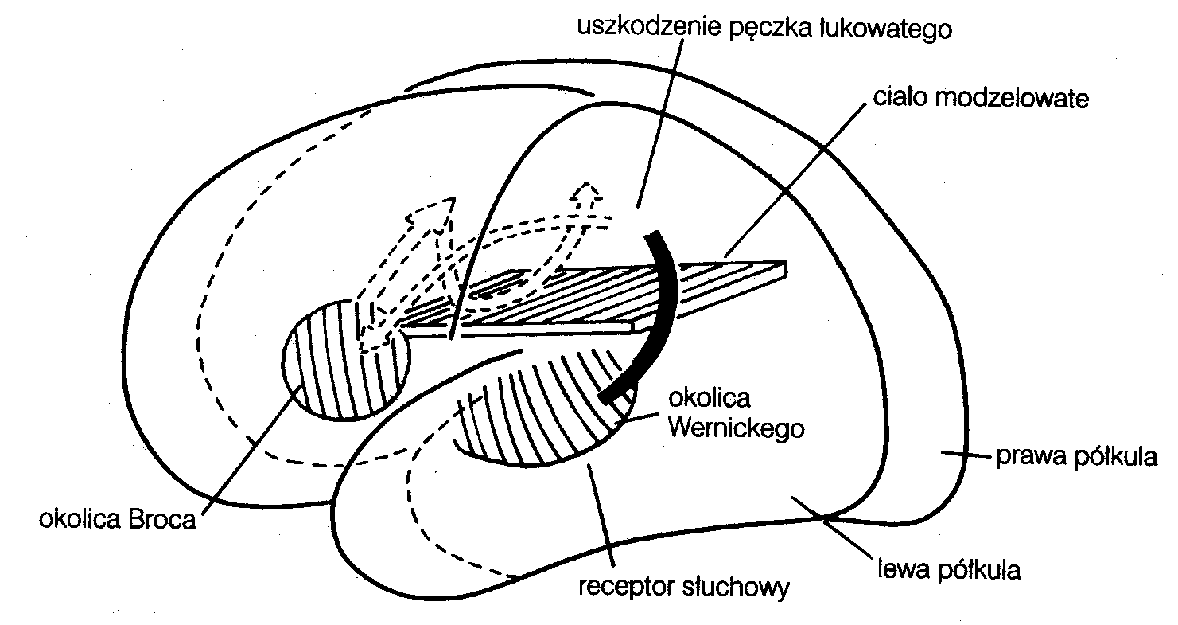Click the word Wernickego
[x=737, y=428]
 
